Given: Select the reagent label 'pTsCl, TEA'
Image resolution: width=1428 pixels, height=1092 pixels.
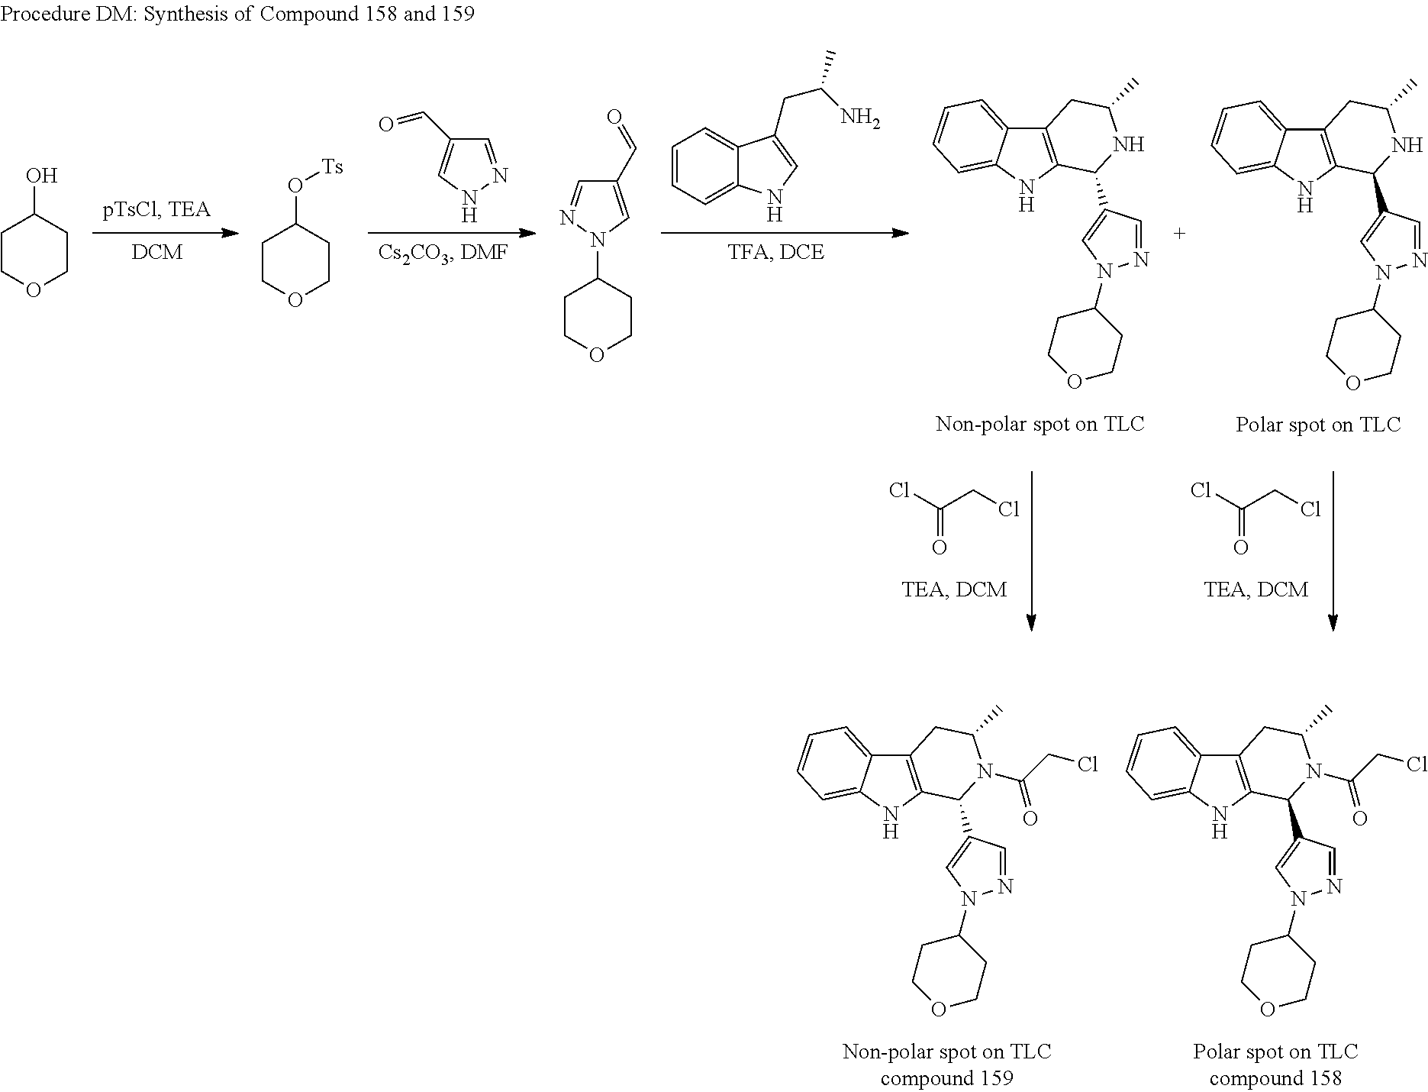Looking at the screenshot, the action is (x=156, y=209).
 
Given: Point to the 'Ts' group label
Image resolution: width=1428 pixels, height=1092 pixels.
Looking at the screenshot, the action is (x=332, y=166).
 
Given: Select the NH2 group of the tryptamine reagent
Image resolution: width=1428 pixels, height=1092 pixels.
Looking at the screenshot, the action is (x=859, y=120).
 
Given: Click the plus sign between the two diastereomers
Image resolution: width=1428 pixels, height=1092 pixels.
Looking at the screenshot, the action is (x=1179, y=234).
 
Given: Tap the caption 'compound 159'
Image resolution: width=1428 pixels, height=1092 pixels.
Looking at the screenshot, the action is (x=946, y=1077).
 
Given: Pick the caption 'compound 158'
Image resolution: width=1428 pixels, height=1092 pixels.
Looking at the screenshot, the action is (x=1275, y=1077).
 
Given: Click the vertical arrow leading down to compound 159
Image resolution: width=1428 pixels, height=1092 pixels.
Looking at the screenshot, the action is (x=1031, y=550).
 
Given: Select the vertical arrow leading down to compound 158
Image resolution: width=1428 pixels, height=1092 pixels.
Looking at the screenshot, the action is (x=1333, y=550).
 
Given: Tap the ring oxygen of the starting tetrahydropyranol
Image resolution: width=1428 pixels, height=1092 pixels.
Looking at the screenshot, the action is (x=34, y=291).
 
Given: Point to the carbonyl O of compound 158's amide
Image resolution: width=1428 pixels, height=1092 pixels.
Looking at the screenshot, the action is (x=1359, y=819).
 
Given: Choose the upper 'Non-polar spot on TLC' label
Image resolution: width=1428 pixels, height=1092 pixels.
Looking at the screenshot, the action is (x=1040, y=425).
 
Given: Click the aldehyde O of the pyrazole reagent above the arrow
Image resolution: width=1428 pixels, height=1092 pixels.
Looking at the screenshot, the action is (x=386, y=124).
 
